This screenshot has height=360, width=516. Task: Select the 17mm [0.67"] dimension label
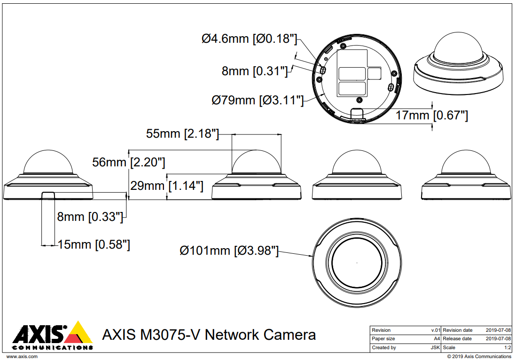tap(431, 115)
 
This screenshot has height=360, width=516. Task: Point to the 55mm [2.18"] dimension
tap(182, 133)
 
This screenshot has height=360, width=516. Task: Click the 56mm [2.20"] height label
tap(129, 163)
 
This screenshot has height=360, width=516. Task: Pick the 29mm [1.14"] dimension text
tap(167, 186)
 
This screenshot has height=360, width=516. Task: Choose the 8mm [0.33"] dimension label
tap(90, 217)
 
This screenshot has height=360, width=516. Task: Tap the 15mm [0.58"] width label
tap(94, 244)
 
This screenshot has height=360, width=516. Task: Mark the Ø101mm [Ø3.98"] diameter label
tap(229, 250)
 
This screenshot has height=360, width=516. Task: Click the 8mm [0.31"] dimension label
tap(254, 71)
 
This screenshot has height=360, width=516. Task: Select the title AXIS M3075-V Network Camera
tap(209, 335)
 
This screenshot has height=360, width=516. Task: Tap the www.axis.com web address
tap(22, 357)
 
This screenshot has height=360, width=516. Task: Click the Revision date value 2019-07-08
tap(498, 330)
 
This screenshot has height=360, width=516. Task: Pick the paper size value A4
tap(437, 339)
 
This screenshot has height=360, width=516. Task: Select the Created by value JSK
tap(435, 348)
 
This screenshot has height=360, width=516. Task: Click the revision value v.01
tap(436, 330)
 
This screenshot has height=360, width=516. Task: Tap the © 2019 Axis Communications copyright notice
tap(479, 357)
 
